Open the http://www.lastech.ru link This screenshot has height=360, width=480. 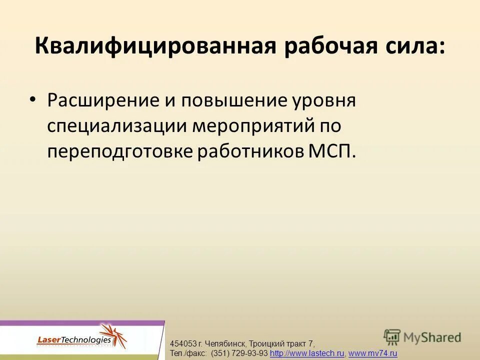tap(307, 354)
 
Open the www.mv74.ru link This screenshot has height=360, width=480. tap(372, 354)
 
